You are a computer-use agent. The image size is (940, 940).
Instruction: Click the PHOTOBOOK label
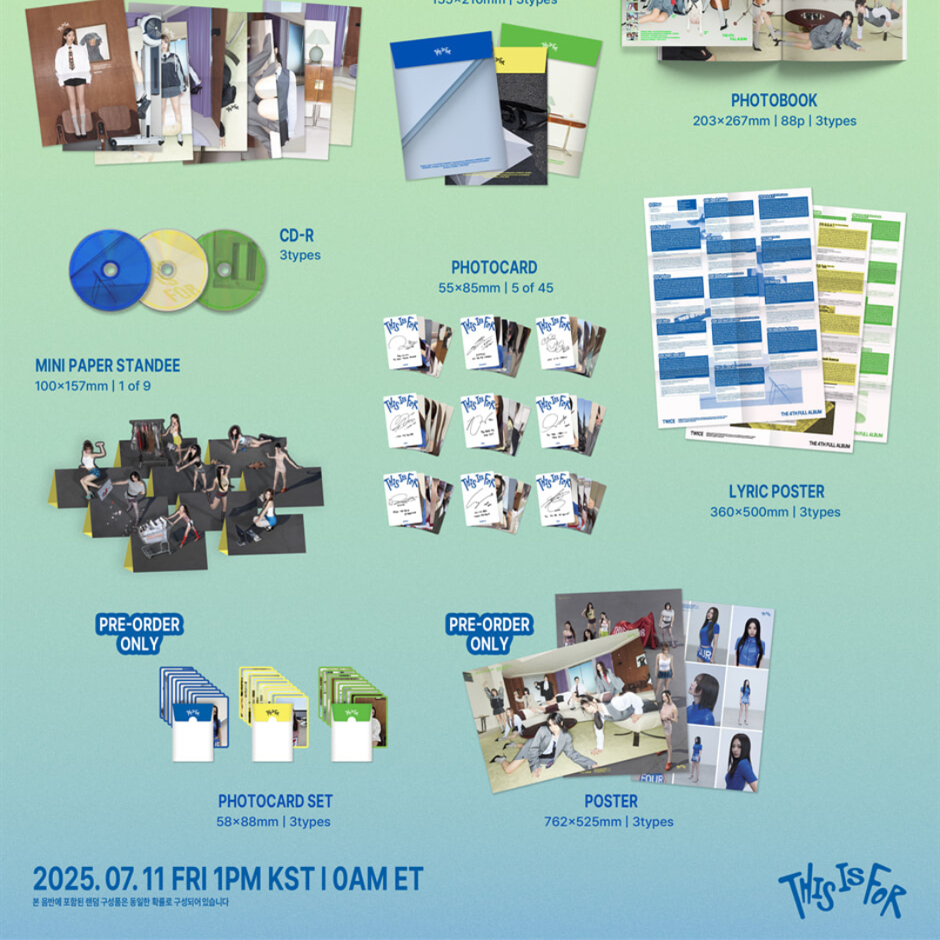[774, 101]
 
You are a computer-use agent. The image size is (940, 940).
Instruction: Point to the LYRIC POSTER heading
[776, 492]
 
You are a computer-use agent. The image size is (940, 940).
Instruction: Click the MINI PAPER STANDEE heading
[108, 366]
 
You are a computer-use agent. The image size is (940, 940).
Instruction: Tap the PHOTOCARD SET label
[275, 801]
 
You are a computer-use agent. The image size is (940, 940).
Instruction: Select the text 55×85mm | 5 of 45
[495, 288]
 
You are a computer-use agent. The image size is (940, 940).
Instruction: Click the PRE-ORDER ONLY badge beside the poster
[488, 634]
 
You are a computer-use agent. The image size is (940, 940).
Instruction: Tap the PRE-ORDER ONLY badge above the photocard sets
[139, 634]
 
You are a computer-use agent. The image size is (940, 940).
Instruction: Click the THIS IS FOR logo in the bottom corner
[842, 892]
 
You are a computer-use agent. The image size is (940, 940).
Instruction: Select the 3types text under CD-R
[299, 255]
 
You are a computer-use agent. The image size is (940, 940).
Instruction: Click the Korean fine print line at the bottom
[131, 902]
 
